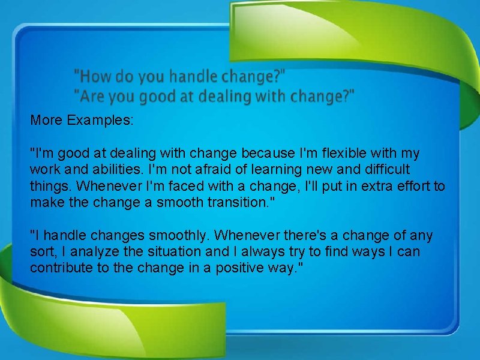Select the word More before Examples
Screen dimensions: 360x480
point(47,120)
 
